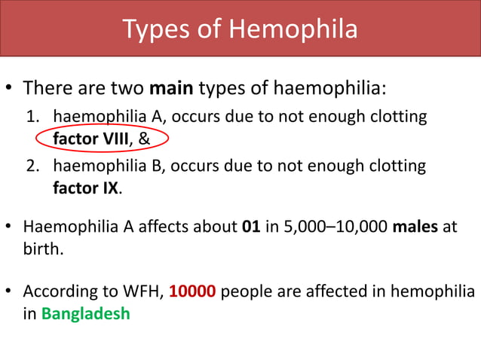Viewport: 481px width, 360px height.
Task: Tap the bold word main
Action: click(171, 89)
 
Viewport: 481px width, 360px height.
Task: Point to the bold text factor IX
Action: click(85, 188)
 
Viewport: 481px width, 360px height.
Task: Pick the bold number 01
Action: click(250, 227)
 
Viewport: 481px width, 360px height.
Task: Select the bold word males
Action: click(415, 227)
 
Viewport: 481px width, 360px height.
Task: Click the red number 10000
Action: click(193, 291)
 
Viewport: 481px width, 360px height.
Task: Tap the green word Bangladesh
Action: click(85, 313)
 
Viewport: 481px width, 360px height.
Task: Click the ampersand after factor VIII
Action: click(144, 139)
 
